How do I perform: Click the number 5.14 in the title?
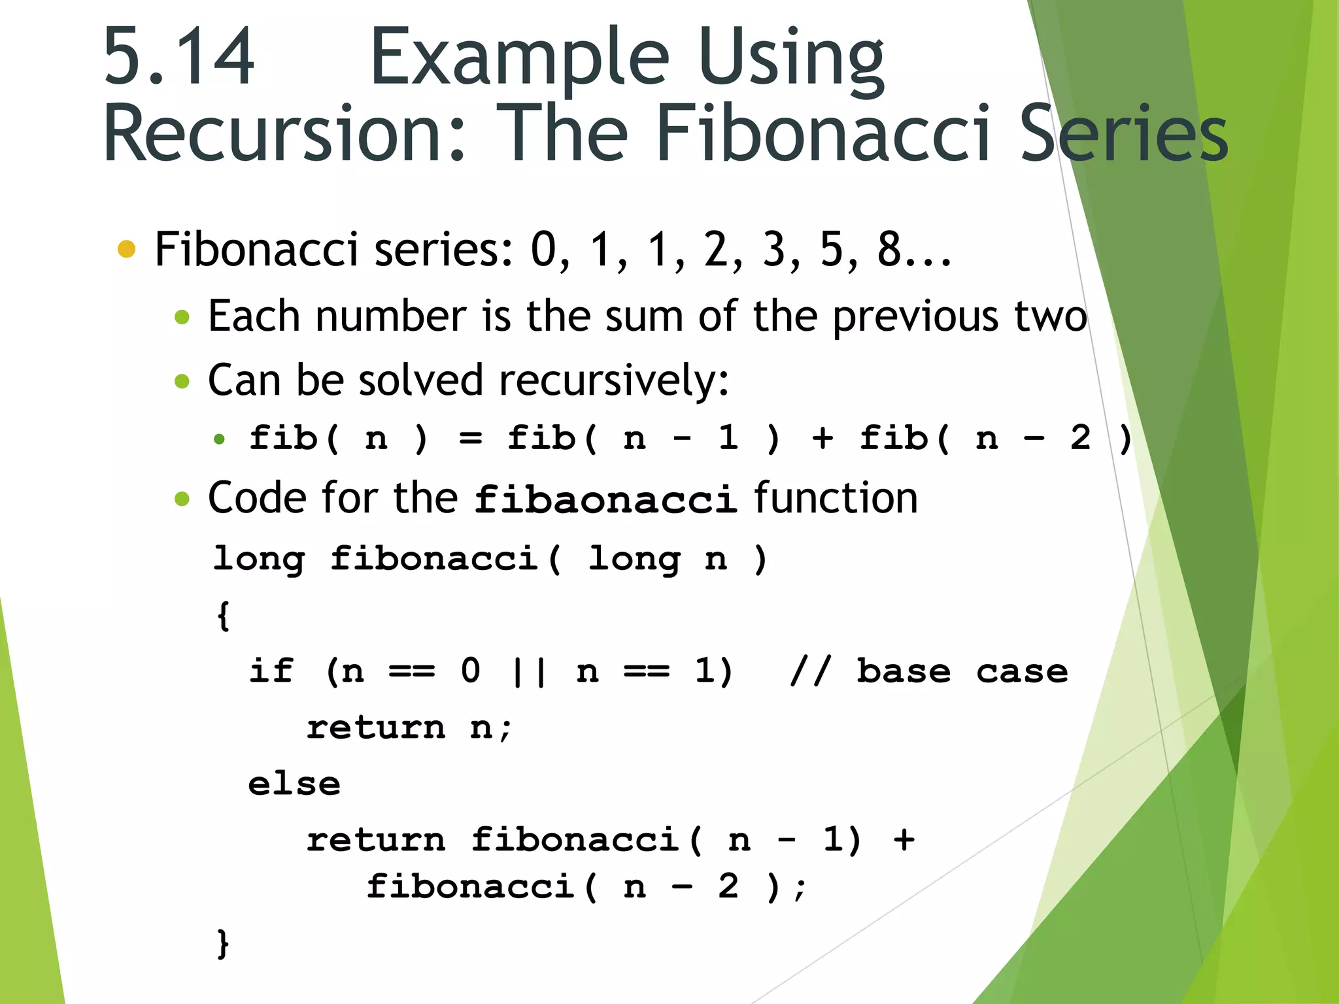click(178, 58)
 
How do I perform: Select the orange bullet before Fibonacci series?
click(126, 249)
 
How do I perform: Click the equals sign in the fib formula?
click(470, 438)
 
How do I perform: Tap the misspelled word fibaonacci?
click(605, 500)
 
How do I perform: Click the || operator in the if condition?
click(528, 671)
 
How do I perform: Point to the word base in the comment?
click(904, 671)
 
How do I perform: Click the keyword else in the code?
click(294, 784)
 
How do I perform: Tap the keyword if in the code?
click(271, 671)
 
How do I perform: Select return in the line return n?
click(376, 728)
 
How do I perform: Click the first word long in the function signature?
click(259, 559)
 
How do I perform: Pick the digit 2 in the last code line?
click(728, 887)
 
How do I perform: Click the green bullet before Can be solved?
click(182, 381)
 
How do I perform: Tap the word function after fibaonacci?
click(836, 499)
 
